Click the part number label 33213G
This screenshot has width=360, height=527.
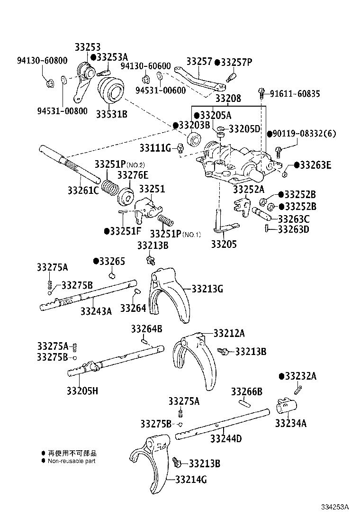[x=207, y=288]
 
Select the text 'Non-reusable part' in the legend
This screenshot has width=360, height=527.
[x=72, y=461]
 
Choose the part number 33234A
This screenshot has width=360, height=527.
[x=290, y=423]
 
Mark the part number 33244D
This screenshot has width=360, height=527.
[x=226, y=438]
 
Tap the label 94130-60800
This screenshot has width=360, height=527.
[x=42, y=61]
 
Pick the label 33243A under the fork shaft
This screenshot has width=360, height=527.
[x=96, y=311]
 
